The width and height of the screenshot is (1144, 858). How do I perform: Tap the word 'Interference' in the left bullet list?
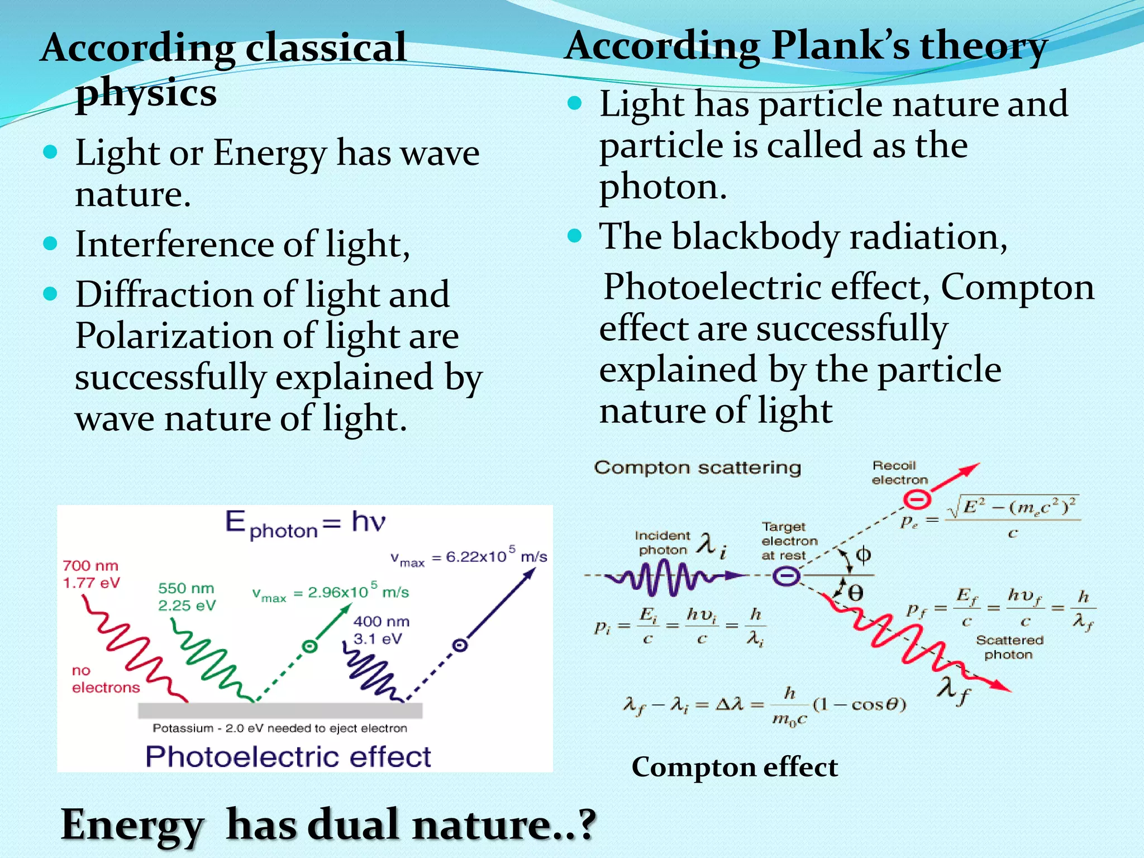click(x=174, y=245)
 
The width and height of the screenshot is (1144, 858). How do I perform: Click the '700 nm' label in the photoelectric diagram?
click(x=90, y=566)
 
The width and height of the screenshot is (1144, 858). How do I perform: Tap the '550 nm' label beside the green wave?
click(x=186, y=589)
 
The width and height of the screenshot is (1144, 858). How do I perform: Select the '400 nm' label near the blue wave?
click(x=382, y=622)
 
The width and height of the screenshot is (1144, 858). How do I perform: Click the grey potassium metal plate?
click(x=280, y=710)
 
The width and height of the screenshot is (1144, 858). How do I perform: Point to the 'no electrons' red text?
click(x=105, y=679)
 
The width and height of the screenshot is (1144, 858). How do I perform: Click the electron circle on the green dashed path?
click(x=309, y=646)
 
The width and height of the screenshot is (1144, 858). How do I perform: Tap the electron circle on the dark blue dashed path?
click(x=460, y=646)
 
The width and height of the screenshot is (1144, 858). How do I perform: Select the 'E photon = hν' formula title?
click(x=305, y=524)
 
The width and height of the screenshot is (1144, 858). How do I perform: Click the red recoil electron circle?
click(x=917, y=499)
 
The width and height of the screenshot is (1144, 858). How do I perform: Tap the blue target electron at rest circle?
click(x=786, y=576)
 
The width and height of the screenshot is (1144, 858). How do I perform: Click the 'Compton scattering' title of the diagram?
click(x=697, y=468)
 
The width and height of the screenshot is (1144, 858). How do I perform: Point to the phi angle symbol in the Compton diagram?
click(x=864, y=555)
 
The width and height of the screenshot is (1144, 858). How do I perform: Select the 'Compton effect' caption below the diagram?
click(x=735, y=767)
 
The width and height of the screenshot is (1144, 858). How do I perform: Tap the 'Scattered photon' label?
click(x=1009, y=647)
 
